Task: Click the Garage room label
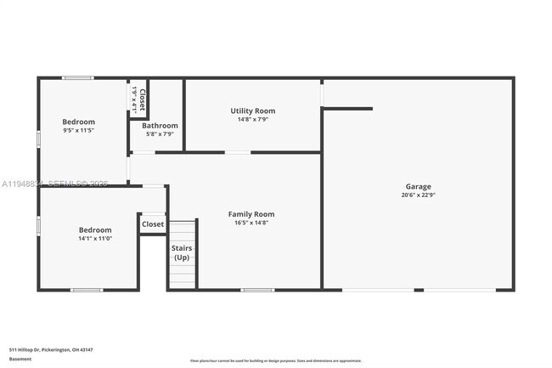(418, 186)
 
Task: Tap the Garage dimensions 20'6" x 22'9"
(418, 195)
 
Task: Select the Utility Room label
(253, 110)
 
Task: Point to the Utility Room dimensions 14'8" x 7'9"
(253, 119)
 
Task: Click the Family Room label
(251, 214)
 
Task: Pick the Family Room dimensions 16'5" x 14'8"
(251, 223)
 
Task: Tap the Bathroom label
(160, 126)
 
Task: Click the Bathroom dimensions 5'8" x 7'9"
(160, 134)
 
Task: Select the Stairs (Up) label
(183, 252)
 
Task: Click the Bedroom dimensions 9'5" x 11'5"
(78, 131)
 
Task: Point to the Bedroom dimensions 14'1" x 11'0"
(95, 239)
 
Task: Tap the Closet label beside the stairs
(153, 224)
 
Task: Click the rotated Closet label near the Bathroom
(143, 99)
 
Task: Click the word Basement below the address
(20, 359)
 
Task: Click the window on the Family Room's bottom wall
(258, 291)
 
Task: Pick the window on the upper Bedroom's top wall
(78, 78)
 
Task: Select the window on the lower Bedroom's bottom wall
(87, 291)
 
